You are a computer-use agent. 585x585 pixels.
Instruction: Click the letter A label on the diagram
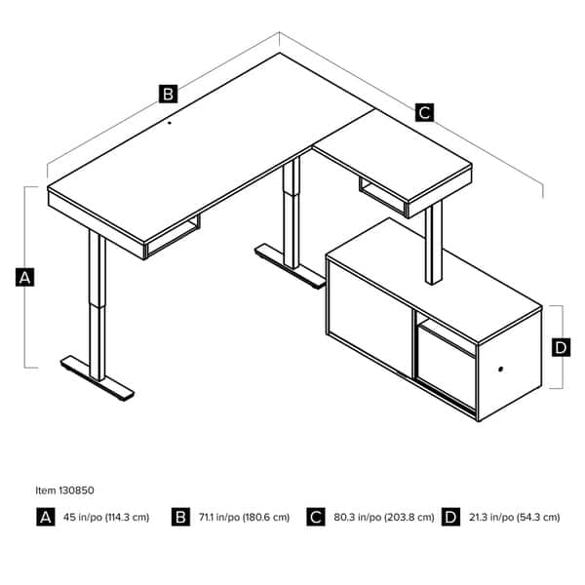pos(26,278)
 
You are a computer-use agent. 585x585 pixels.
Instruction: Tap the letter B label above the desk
pos(168,94)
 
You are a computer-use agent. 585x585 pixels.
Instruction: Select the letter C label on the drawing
pos(424,112)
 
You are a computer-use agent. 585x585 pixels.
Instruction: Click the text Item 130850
pos(65,491)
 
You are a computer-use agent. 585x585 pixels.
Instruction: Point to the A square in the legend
pos(45,518)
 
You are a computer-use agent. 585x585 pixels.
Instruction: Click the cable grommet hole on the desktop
pos(168,124)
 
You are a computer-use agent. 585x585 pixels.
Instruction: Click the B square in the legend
pos(180,518)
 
